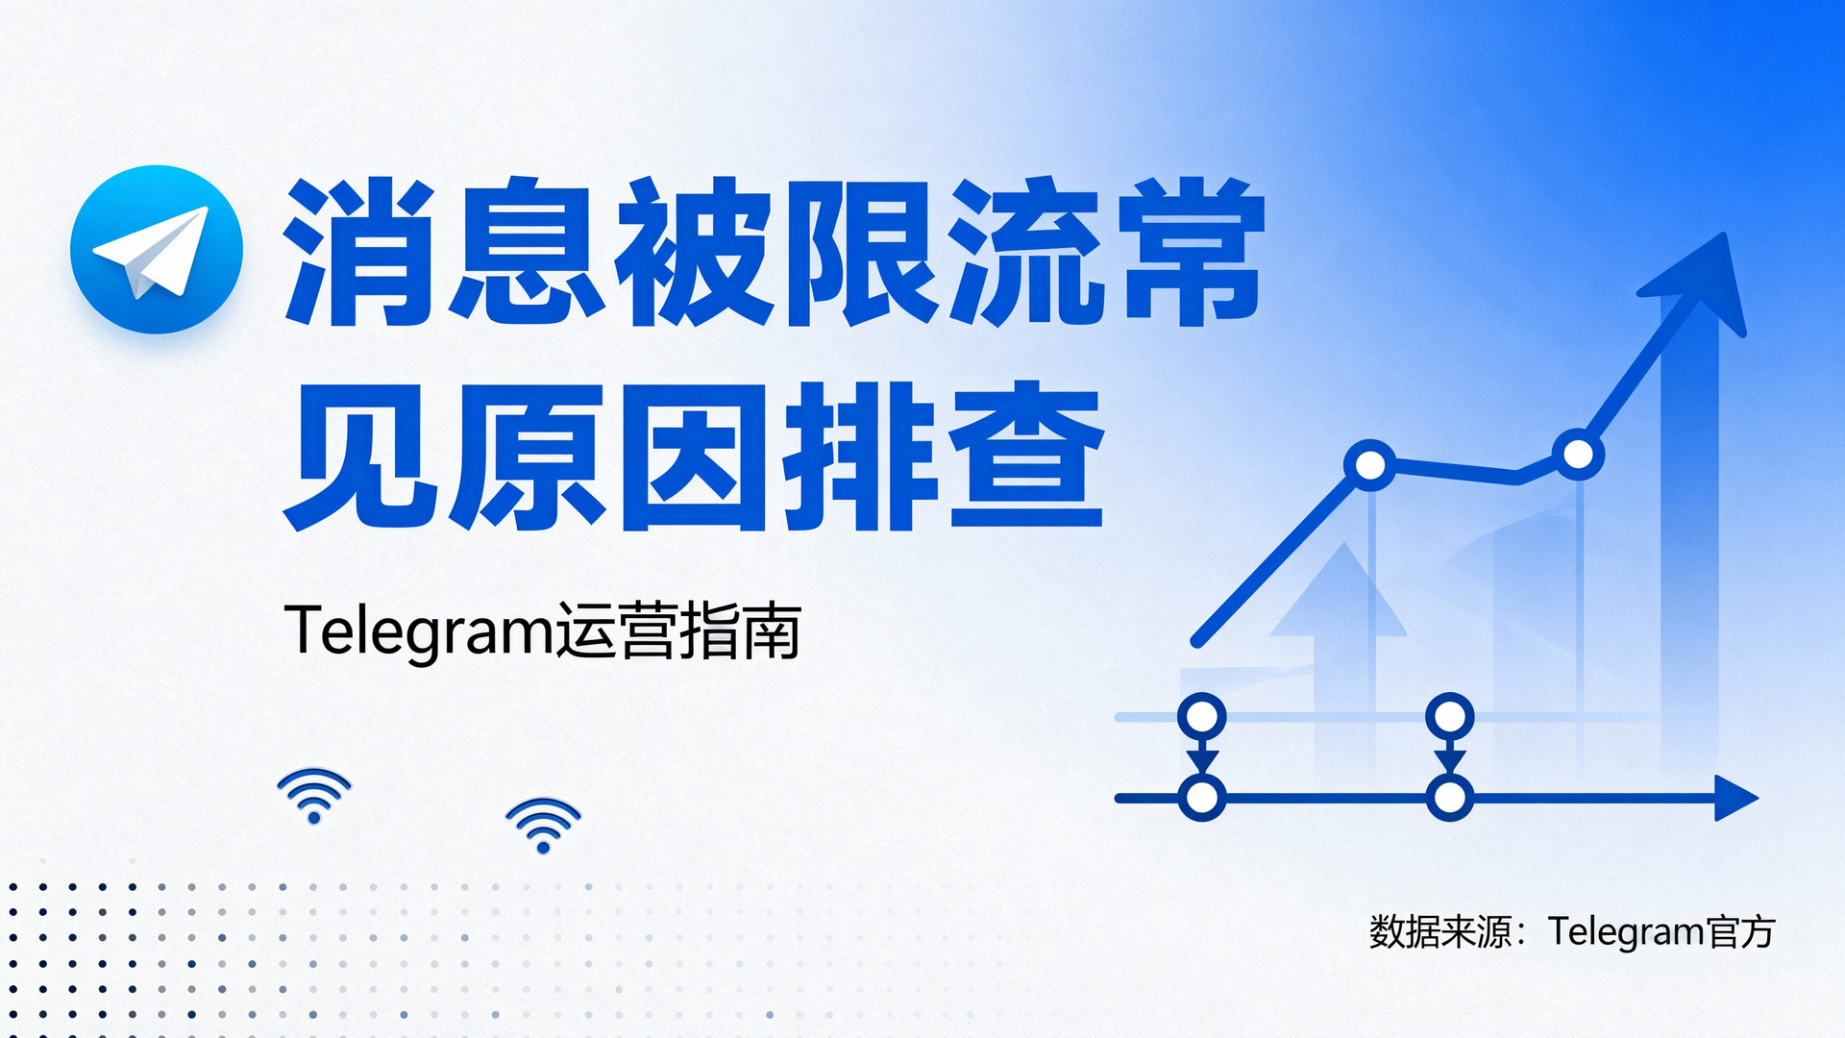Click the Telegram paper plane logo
[157, 250]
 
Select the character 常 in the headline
[1193, 252]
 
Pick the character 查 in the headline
[1026, 457]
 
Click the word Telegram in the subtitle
[419, 632]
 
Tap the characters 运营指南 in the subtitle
[678, 632]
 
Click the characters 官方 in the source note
[1740, 931]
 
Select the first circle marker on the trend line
[1370, 465]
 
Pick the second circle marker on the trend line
[1578, 454]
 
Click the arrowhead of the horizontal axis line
[1735, 798]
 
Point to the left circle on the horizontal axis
[1201, 798]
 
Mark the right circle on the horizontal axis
[1449, 798]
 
